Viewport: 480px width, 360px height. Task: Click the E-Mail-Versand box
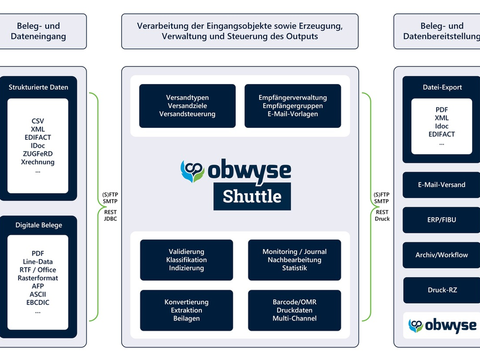(442, 185)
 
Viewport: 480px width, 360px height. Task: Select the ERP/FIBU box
(442, 220)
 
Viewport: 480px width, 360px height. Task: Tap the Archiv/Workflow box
(442, 255)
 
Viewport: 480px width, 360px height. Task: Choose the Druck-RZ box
(442, 290)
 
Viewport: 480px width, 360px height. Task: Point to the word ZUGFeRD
(38, 154)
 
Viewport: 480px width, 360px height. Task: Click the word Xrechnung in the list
(38, 162)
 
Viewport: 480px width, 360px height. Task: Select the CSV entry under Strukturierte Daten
(38, 121)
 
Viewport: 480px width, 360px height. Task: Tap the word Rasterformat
(38, 278)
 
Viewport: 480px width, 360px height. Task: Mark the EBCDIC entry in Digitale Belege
(38, 303)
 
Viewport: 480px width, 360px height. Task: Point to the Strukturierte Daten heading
(38, 87)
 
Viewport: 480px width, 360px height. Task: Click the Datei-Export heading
(442, 87)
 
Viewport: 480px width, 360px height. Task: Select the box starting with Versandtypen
(187, 106)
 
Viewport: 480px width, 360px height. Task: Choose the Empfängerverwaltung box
(293, 106)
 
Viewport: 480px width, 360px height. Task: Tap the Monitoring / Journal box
(294, 260)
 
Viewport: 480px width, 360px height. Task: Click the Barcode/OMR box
(294, 310)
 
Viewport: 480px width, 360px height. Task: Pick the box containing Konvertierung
(187, 310)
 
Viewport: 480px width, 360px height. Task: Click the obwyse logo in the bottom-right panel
(442, 325)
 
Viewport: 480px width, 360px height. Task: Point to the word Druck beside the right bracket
(382, 219)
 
